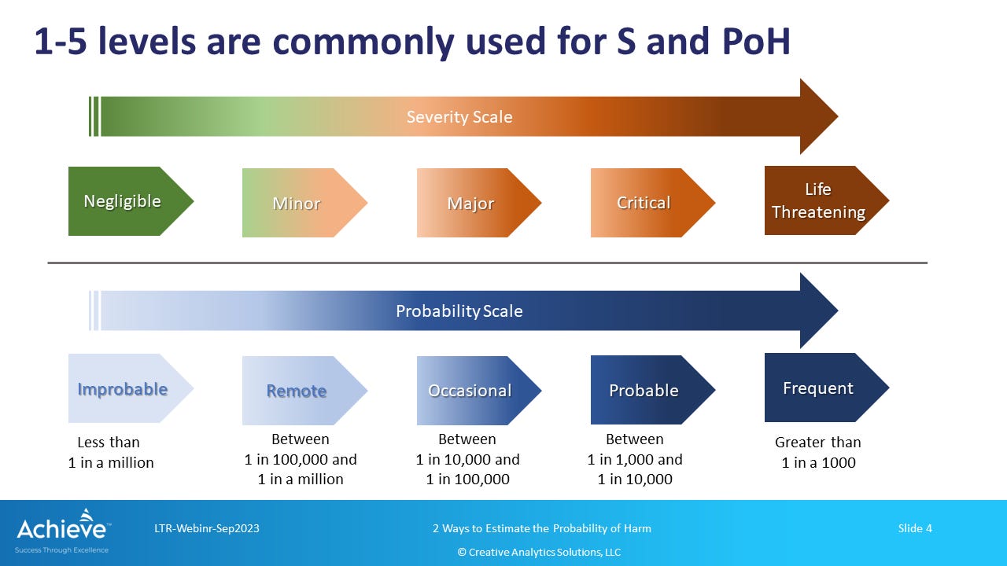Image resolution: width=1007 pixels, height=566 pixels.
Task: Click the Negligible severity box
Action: (x=131, y=201)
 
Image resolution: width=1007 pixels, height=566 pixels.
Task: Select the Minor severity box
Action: (x=304, y=203)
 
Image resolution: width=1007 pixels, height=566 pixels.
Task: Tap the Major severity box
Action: (x=479, y=203)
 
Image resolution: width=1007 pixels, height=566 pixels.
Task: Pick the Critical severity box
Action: (x=653, y=203)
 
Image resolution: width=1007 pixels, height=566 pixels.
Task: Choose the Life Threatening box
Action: (x=827, y=200)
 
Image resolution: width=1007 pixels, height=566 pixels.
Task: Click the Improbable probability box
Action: (x=131, y=388)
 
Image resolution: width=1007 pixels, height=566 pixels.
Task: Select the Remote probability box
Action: (x=304, y=391)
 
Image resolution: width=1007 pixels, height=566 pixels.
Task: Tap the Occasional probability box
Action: (x=479, y=391)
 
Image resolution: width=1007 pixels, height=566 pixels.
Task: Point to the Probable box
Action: (x=653, y=390)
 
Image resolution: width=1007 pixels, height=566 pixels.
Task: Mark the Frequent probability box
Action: (x=827, y=388)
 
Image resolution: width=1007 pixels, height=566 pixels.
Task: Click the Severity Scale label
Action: (x=459, y=117)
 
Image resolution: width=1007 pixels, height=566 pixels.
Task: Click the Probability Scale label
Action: (x=459, y=311)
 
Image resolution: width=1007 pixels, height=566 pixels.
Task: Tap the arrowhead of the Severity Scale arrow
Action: (x=819, y=116)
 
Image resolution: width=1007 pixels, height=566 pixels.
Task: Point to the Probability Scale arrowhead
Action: (x=819, y=311)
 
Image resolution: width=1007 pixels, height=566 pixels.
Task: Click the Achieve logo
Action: (x=62, y=531)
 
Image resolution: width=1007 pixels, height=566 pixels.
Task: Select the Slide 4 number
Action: (x=915, y=528)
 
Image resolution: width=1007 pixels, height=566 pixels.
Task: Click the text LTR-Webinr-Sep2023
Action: (x=207, y=528)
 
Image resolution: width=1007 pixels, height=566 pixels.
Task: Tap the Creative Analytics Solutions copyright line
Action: (x=539, y=552)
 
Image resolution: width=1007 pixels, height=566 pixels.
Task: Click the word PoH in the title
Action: (x=756, y=42)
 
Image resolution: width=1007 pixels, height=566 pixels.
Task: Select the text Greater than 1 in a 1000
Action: (x=818, y=452)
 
